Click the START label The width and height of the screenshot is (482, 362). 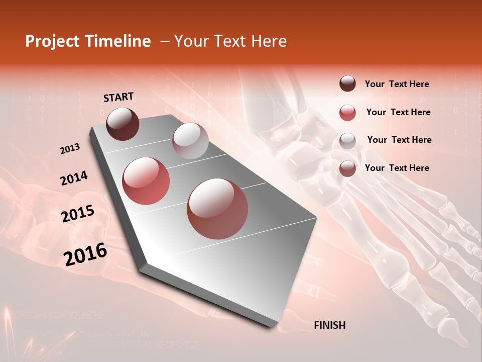tap(118, 97)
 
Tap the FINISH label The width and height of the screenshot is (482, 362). tap(329, 325)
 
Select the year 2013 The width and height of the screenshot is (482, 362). tap(70, 149)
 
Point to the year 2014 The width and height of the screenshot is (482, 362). tap(74, 178)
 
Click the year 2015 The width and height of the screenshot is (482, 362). tap(78, 214)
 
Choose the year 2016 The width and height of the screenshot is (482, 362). tap(85, 254)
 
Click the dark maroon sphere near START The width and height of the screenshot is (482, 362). tap(123, 124)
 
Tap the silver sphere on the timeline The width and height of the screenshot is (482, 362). tap(190, 141)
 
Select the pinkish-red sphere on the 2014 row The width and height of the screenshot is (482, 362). tap(146, 181)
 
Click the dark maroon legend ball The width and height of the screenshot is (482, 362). tap(347, 84)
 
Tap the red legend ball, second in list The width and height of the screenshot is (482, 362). tap(347, 113)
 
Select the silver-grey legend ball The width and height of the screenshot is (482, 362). tap(347, 141)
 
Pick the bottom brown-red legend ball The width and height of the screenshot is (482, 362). tap(347, 168)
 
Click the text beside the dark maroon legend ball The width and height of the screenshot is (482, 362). tap(397, 84)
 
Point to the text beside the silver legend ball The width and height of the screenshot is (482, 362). tap(399, 140)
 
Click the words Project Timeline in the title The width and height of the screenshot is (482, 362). tap(88, 41)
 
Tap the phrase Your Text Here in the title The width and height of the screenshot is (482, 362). tap(230, 41)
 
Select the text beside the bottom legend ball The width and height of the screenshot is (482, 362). tap(397, 168)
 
